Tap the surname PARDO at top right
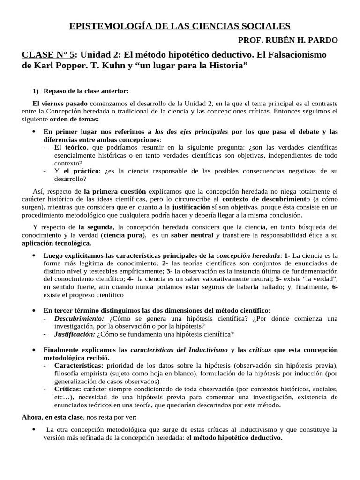pos(324,40)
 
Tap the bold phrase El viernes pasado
pos(55,103)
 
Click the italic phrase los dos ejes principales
pos(192,131)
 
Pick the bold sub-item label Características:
pos(79,365)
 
